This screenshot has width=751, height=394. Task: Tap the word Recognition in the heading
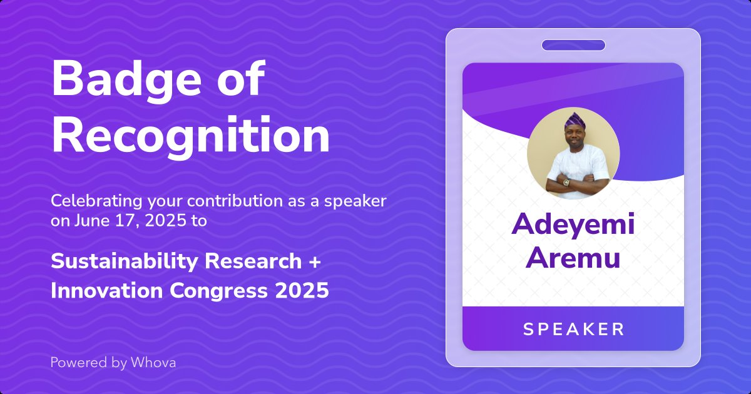pyautogui.click(x=190, y=136)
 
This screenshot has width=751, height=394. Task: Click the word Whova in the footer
pyautogui.click(x=153, y=362)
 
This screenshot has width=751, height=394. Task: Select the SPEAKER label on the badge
pyautogui.click(x=573, y=329)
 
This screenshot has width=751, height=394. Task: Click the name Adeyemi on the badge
pyautogui.click(x=573, y=225)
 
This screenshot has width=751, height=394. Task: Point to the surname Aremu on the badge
pyautogui.click(x=573, y=257)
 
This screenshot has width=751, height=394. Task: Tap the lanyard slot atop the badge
pyautogui.click(x=573, y=45)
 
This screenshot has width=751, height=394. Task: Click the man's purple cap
pyautogui.click(x=574, y=120)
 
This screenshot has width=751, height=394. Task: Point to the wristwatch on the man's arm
pyautogui.click(x=566, y=181)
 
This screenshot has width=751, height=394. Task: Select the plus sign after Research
pyautogui.click(x=315, y=262)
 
